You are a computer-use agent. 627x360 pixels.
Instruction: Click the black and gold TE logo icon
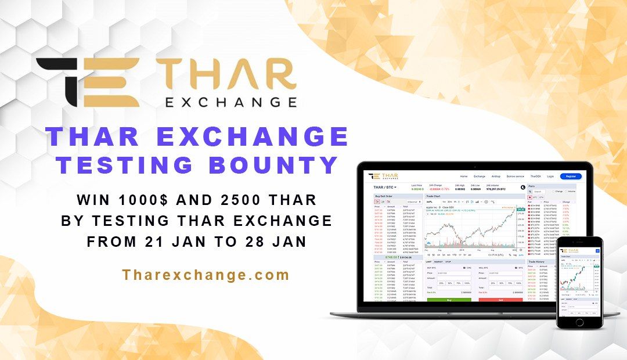pos(87,82)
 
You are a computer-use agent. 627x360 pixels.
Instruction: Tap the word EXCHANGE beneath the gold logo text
pos(231,102)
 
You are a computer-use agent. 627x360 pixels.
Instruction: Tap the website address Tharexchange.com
pos(206,275)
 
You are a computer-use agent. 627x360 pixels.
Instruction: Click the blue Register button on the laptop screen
pos(571,176)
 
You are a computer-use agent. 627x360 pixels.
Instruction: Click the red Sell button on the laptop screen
pos(500,300)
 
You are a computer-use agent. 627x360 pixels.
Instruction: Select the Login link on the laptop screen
pos(550,176)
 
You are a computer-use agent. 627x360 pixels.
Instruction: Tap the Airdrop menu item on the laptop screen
pos(495,176)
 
